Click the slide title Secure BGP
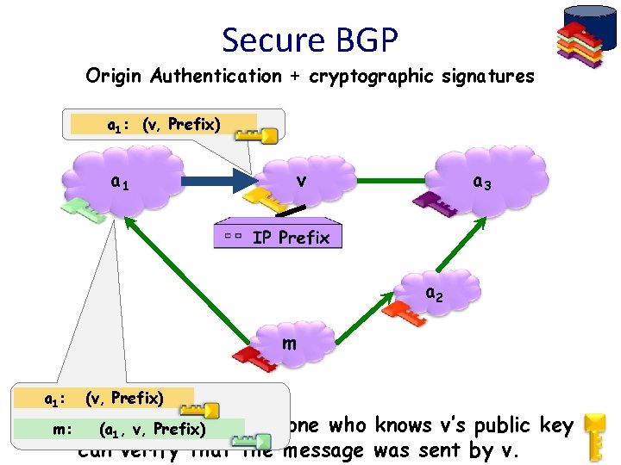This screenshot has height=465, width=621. [x=310, y=40]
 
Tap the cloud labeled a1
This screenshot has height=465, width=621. [x=121, y=182]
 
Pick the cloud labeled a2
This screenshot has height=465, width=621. [x=436, y=294]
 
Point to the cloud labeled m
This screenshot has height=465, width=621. [x=289, y=344]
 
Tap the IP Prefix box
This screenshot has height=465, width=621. [x=278, y=236]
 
